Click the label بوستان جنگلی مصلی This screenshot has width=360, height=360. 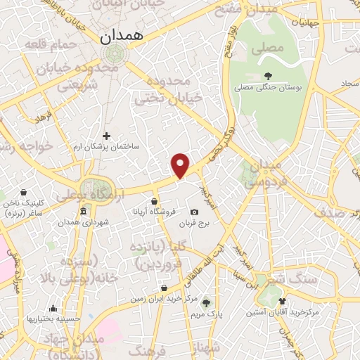[267, 88]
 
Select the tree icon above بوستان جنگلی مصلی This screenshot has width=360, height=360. [267, 76]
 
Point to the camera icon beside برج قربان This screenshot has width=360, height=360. [194, 212]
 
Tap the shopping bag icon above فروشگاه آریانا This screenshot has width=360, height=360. [153, 201]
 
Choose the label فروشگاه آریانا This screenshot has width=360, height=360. [150, 212]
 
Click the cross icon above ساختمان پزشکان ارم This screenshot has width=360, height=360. [106, 136]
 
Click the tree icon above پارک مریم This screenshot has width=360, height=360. [206, 303]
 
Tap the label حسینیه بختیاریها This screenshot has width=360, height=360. [49, 319]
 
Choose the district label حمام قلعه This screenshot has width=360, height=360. [49, 45]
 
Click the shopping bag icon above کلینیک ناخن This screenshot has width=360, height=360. [25, 192]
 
